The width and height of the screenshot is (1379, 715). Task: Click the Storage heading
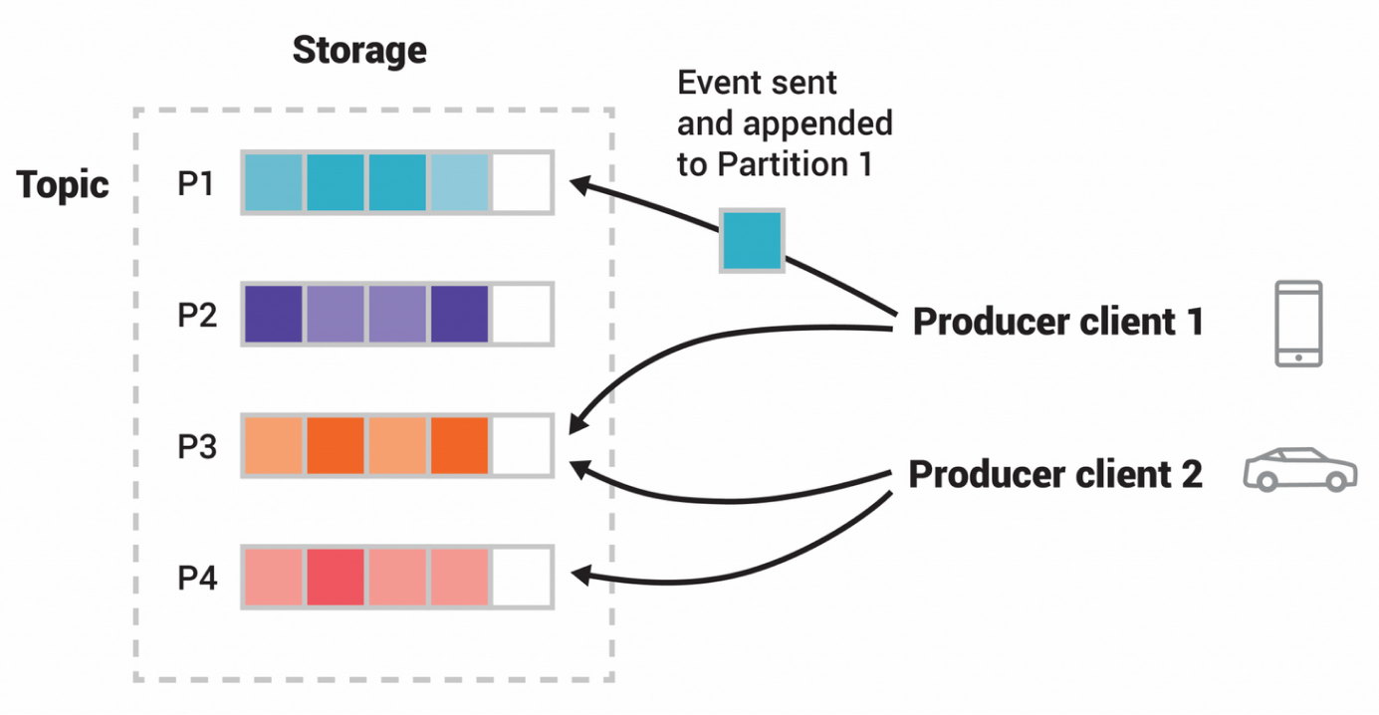(358, 50)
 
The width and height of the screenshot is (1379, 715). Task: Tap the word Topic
(63, 185)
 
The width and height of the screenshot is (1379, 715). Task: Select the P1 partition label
(197, 184)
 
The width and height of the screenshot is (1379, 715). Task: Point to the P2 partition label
(197, 316)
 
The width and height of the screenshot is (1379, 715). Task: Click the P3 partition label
(197, 447)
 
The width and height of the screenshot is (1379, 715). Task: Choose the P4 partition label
(197, 579)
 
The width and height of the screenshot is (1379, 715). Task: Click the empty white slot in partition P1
(521, 182)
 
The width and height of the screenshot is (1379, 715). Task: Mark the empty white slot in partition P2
(521, 315)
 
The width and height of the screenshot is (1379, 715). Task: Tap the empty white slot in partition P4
(521, 578)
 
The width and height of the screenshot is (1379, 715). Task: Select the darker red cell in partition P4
(335, 578)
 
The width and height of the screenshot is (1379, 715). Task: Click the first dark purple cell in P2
(273, 315)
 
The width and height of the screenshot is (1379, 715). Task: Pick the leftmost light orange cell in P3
(273, 446)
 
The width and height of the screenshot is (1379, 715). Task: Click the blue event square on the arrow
(753, 240)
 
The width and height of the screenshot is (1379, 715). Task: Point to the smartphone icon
(1298, 324)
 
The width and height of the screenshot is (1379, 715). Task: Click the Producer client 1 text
(1057, 323)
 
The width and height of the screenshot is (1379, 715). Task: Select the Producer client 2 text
(1055, 475)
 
